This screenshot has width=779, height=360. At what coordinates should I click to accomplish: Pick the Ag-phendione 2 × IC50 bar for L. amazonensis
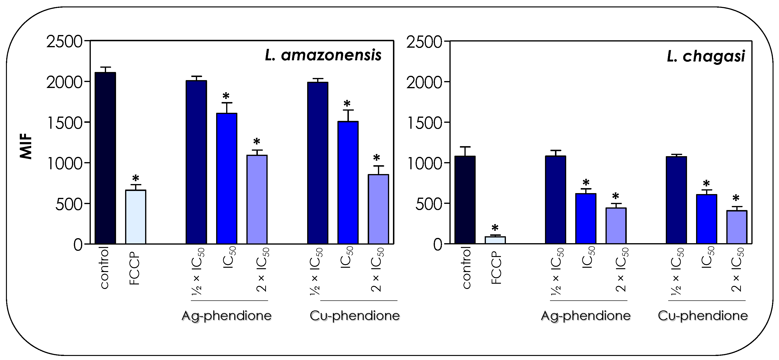point(257,199)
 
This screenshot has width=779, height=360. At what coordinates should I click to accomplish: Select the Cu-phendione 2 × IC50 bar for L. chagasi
point(737,227)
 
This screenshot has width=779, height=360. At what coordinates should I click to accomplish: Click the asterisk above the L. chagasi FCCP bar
point(495,228)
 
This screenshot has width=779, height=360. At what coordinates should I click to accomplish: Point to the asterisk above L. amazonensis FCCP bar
point(136,178)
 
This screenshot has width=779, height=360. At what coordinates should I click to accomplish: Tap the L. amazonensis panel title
point(323,56)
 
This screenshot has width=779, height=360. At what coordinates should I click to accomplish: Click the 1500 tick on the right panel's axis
point(424,123)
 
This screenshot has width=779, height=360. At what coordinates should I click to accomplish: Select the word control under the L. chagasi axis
point(467,268)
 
